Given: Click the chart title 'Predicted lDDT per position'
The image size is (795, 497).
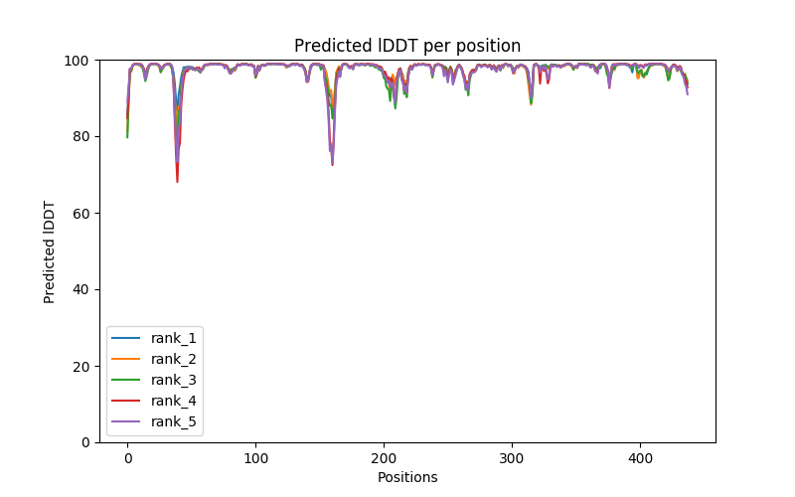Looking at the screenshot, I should click(x=407, y=46).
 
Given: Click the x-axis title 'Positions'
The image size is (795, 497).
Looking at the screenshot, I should click(x=407, y=477).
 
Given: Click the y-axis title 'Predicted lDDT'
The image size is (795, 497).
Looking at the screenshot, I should click(x=50, y=251).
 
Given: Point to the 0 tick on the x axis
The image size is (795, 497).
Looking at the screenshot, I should click(x=127, y=457).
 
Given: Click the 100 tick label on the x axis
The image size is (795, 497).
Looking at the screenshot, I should click(x=255, y=457).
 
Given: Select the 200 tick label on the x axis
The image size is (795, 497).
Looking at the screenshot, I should click(x=384, y=457).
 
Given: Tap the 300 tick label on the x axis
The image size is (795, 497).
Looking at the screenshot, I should click(x=512, y=457).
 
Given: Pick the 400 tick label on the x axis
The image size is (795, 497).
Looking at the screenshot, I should click(x=640, y=457).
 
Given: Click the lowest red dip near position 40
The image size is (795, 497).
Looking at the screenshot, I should click(x=177, y=181).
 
